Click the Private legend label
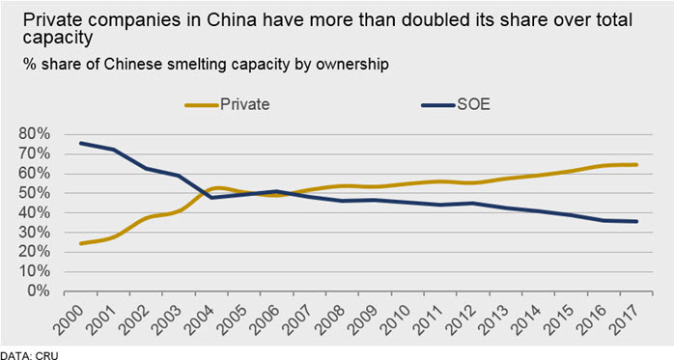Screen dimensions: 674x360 coord(245,104)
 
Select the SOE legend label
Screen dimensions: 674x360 coord(473,104)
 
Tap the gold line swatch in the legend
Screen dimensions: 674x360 coord(201,105)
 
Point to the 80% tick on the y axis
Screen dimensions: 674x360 coord(35,134)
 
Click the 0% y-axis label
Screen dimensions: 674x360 coord(39,291)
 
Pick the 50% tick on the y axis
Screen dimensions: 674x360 coord(35,193)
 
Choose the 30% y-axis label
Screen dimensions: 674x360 coord(35,233)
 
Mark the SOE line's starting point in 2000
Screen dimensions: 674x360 coord(80,143)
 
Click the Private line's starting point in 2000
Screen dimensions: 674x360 coord(80,243)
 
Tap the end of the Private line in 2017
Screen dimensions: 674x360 coord(636,164)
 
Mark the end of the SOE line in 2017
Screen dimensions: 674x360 coord(636,222)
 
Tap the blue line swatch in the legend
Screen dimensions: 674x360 coord(438,105)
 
